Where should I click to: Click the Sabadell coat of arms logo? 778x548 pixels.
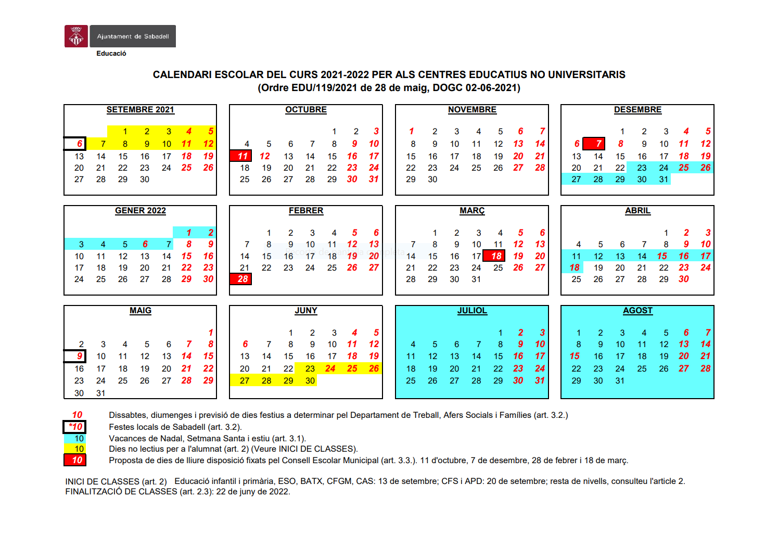76,36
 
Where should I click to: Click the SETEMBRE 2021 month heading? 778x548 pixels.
140,110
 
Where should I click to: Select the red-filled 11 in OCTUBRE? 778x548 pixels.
243,156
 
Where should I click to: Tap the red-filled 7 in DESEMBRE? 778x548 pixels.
598,144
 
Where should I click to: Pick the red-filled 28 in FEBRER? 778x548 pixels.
243,279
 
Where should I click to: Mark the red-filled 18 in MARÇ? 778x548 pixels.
496,256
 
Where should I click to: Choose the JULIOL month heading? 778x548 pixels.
472,311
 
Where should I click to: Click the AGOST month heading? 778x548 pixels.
637,311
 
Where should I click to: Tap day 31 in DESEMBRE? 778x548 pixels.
664,180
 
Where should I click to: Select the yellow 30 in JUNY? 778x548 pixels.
310,381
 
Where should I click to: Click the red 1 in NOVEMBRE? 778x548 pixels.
411,132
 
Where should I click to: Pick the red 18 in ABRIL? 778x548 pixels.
575,267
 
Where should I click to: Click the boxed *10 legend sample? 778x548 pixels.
75,427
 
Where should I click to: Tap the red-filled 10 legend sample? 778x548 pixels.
75,460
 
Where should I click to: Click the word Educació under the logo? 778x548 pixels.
111,54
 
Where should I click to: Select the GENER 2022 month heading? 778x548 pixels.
140,211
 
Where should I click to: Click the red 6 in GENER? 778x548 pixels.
145,245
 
